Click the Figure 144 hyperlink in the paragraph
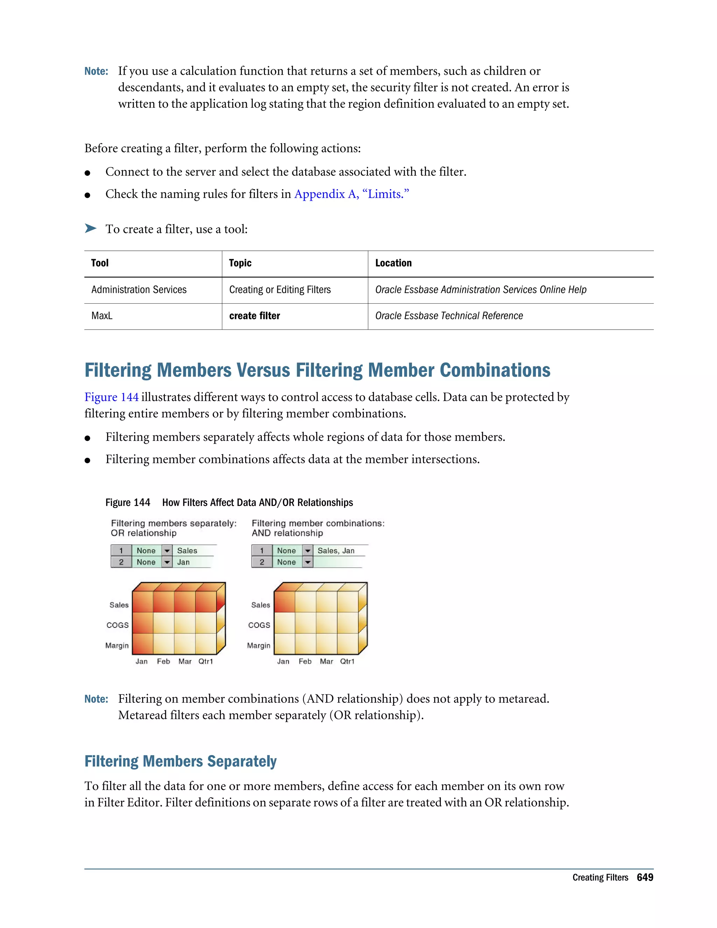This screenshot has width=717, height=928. (111, 397)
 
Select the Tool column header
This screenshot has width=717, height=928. (100, 263)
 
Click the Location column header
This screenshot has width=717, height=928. (393, 263)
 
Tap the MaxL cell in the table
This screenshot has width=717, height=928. (102, 316)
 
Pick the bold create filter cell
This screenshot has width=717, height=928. (255, 316)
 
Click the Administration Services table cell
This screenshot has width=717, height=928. (139, 290)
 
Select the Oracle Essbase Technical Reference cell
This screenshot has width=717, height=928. (448, 316)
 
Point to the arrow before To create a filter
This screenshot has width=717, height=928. (90, 229)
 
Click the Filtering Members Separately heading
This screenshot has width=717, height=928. (181, 761)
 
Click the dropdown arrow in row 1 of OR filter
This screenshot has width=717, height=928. (167, 551)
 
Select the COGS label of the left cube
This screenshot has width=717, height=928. (118, 625)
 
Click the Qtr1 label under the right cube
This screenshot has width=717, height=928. (347, 662)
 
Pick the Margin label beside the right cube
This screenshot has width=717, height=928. (258, 645)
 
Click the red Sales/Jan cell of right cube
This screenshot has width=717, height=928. (285, 602)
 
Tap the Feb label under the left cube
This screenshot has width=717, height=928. (163, 662)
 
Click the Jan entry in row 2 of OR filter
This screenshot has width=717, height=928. (183, 562)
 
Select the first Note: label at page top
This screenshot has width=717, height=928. (96, 71)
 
